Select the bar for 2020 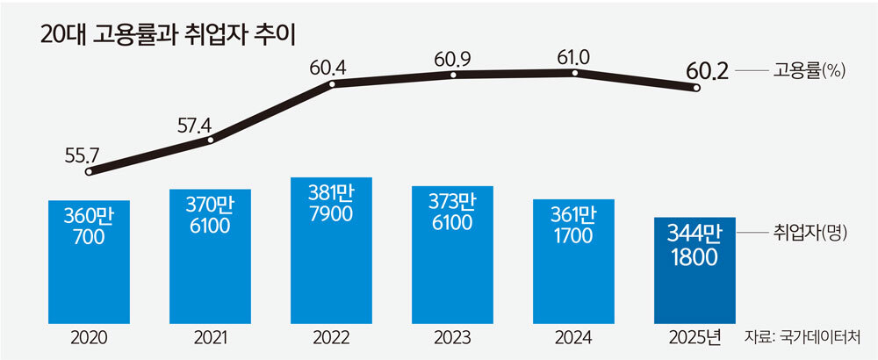89,259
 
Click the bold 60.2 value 709,71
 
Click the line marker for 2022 333,84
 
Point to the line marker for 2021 208,138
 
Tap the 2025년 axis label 699,338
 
